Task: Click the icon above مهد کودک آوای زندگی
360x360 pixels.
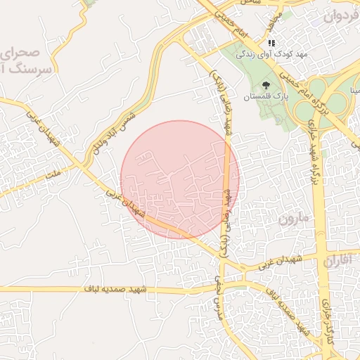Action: tap(271, 43)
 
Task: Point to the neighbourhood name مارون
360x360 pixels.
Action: tap(294, 219)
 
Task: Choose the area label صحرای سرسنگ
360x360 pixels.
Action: tap(28, 60)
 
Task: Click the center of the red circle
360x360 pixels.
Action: tap(180, 179)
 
